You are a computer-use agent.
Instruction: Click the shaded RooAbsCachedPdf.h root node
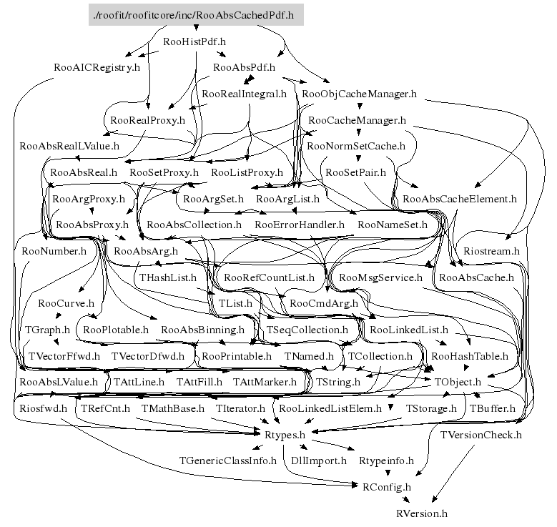pos(196,15)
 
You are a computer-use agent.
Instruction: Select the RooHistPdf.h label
pos(194,41)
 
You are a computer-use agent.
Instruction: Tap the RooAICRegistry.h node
pos(97,67)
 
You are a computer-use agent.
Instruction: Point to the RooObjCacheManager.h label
pos(359,94)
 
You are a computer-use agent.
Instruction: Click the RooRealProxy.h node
pos(148,120)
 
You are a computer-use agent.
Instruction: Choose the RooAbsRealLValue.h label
pos(69,146)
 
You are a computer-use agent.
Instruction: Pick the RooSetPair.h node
pos(355,172)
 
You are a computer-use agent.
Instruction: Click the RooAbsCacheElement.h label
pos(460,199)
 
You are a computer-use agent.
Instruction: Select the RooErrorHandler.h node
pos(300,225)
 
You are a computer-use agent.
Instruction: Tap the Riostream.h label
pos(491,251)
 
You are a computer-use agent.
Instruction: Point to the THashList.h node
pos(167,277)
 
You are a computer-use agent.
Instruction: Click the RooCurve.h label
pos(66,303)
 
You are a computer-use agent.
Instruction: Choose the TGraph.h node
pos(47,330)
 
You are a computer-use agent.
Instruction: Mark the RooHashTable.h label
pos(470,356)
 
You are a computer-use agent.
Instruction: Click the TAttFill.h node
pos(199,382)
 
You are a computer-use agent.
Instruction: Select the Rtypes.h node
pos(285,435)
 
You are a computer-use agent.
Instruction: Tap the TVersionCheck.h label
pos(481,435)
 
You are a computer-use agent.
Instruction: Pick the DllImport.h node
pos(319,461)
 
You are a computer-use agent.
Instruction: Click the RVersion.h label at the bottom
pos(422,513)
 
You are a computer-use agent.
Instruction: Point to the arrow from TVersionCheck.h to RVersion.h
pos(453,473)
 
